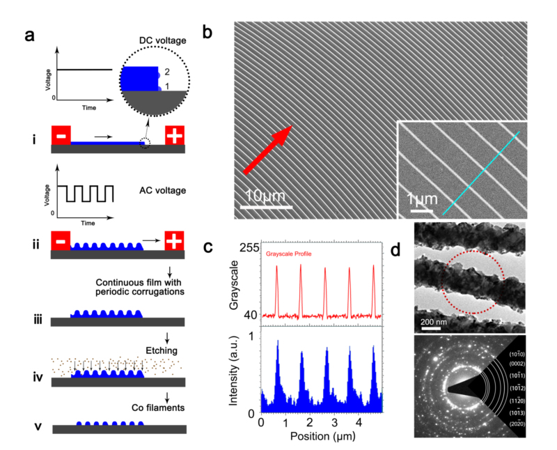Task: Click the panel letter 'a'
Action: tap(31, 36)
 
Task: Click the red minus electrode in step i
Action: tap(61, 135)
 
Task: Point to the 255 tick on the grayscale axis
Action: tap(249, 248)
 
